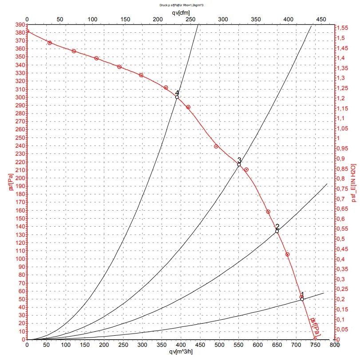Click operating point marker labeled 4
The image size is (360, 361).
coord(177,97)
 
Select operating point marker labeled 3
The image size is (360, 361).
coord(239,165)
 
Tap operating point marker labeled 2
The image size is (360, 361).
coord(277,231)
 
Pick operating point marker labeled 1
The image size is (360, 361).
coord(302,299)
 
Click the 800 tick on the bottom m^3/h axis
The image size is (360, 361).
coord(334,344)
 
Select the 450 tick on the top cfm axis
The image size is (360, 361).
coord(321,20)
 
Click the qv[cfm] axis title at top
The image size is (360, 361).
coord(181,13)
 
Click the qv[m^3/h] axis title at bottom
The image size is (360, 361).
coord(181,352)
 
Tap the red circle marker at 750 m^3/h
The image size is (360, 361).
coord(315,339)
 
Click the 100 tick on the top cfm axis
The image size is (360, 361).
coord(92,20)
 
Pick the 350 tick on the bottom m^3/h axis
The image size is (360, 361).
coord(162,344)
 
